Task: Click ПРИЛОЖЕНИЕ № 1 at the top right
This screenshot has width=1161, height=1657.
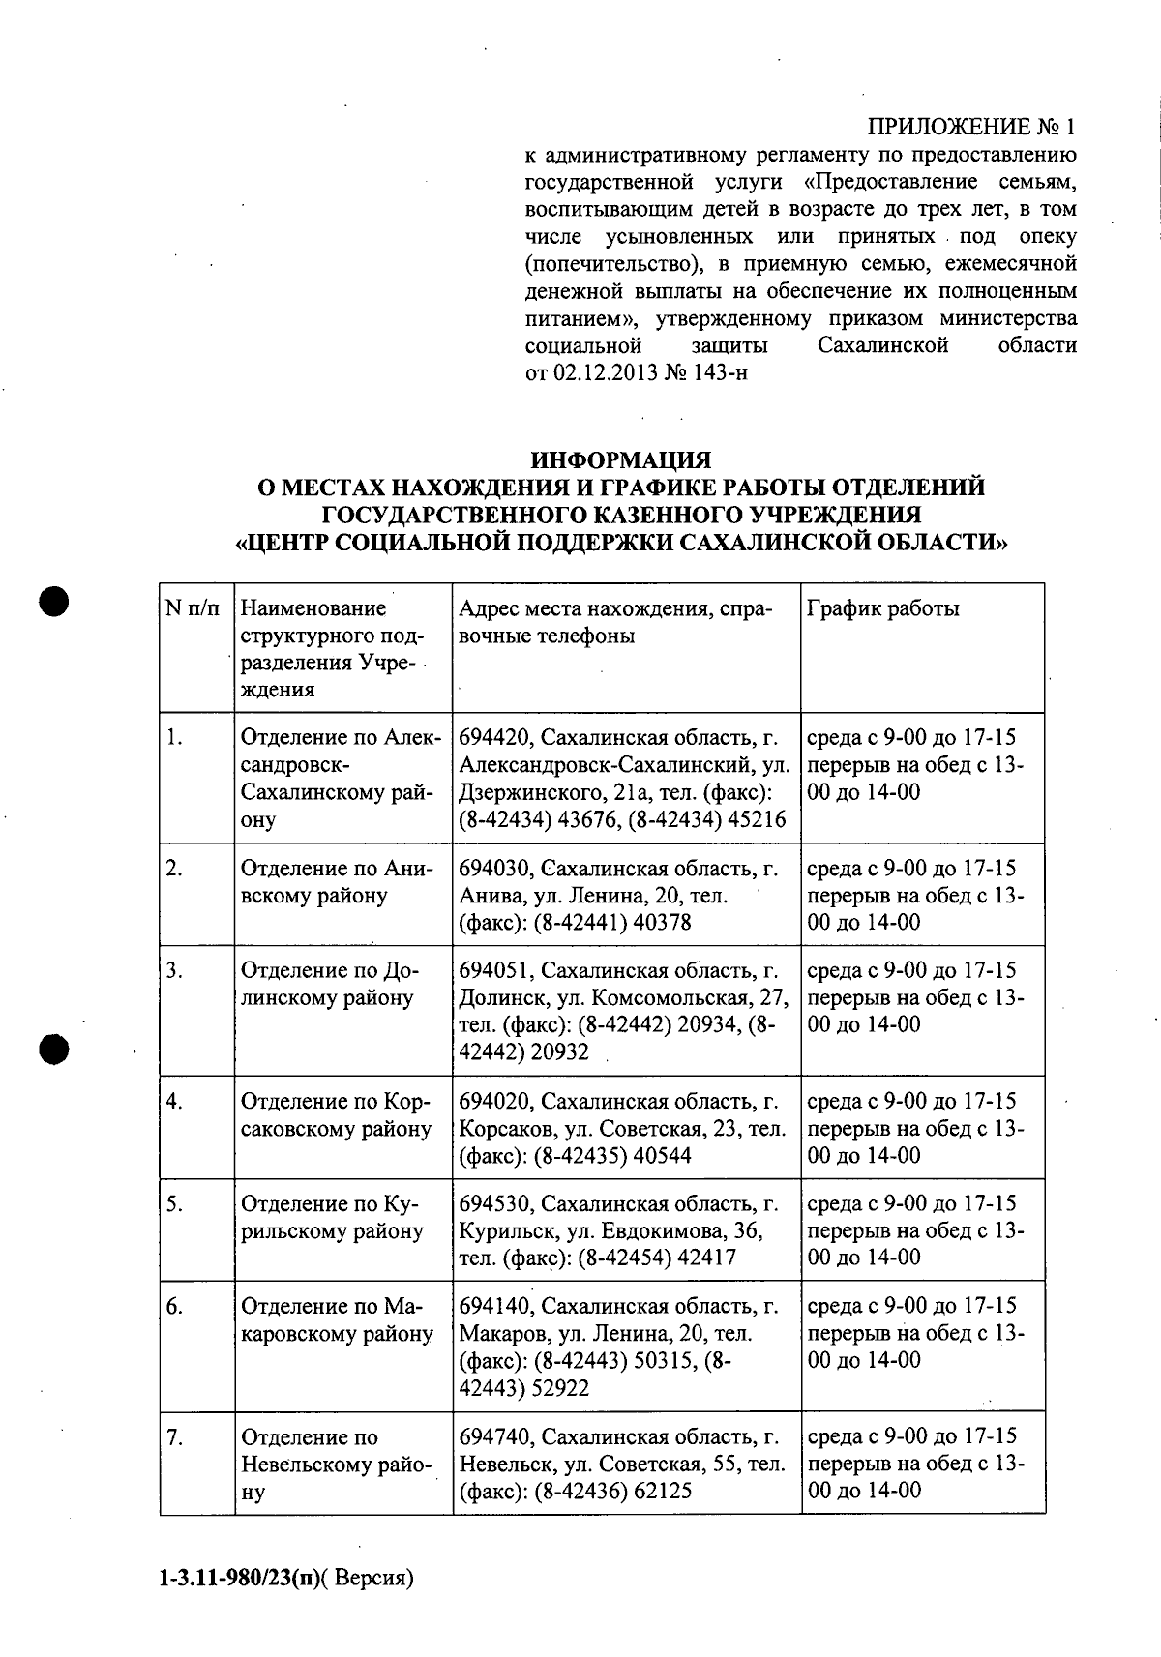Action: [970, 128]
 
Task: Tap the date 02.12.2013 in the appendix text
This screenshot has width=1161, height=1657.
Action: [606, 373]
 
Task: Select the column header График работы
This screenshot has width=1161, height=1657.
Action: [882, 609]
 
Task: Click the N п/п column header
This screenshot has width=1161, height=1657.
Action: [193, 609]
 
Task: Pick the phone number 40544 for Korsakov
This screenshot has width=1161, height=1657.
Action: [663, 1156]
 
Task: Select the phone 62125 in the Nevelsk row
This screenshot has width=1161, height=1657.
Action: [663, 1492]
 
